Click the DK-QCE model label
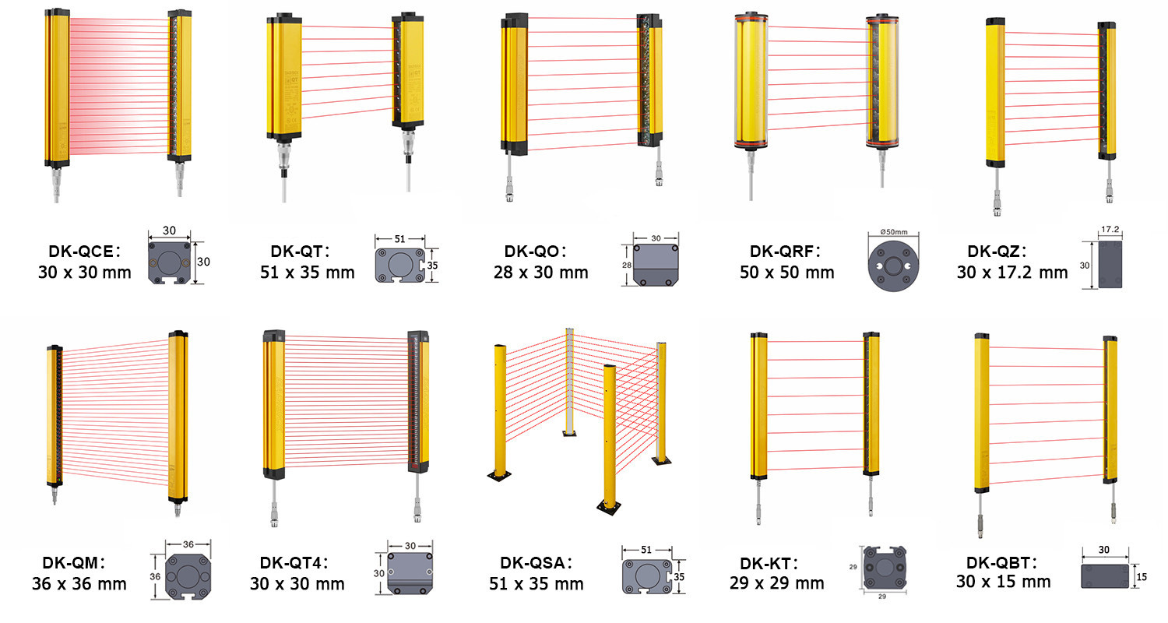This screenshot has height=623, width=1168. [82, 252]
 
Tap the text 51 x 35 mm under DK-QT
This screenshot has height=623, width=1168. [307, 273]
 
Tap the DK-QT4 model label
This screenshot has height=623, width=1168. [294, 563]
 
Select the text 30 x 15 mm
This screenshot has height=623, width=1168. [1003, 582]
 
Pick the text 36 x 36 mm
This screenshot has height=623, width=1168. [79, 583]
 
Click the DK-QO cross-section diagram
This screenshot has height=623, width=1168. [655, 265]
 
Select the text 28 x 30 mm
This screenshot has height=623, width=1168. [540, 273]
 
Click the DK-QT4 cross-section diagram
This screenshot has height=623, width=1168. [409, 575]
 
